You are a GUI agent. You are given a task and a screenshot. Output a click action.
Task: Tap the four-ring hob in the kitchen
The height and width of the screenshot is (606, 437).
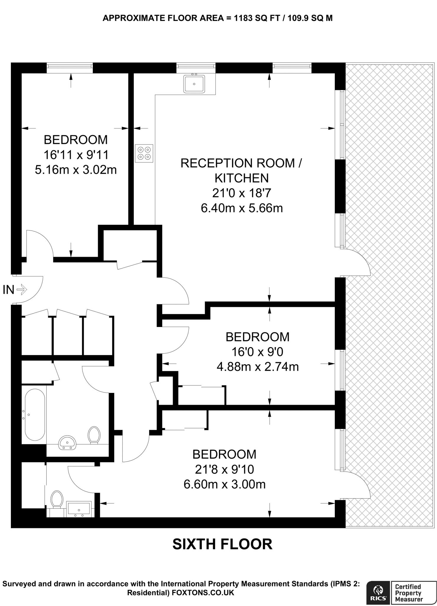(144, 153)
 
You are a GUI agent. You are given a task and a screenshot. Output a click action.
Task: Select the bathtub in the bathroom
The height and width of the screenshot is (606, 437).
(35, 415)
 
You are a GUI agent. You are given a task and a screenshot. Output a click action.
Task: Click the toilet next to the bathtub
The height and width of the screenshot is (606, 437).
(94, 435)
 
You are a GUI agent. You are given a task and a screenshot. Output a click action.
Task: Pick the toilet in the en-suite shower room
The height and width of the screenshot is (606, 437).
(57, 500)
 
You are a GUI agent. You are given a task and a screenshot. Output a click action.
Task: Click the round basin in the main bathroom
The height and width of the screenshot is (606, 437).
(68, 443)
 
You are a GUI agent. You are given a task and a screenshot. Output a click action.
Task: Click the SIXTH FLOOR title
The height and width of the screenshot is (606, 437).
(222, 544)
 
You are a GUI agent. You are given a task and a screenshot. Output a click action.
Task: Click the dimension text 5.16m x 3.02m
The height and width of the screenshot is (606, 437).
(76, 170)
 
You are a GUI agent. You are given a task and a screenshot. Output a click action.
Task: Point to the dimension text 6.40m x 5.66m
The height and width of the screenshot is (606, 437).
(242, 208)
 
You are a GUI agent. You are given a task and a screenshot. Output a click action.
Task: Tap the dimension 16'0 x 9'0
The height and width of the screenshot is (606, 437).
(257, 352)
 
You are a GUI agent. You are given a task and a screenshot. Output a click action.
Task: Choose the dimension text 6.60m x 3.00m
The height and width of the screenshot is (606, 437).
(225, 484)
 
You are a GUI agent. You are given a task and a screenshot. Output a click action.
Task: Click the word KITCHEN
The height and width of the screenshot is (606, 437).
(241, 178)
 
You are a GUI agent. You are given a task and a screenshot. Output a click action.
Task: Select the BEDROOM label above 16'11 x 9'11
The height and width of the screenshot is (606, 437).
(76, 140)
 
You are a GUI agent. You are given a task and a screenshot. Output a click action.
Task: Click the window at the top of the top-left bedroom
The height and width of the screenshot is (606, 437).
(70, 68)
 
